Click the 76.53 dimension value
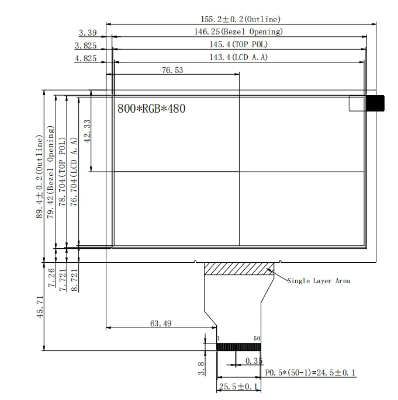pos(172,70)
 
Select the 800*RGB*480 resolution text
pos(151,108)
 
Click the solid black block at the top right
pos(375,103)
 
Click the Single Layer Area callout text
pos(319,281)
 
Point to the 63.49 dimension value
pos(161,323)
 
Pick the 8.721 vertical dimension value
pos(74,278)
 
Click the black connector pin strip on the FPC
pos(238,347)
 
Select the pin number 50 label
pos(257,339)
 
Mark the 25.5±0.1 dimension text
pos(238,387)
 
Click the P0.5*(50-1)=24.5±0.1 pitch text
pos(310,372)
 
